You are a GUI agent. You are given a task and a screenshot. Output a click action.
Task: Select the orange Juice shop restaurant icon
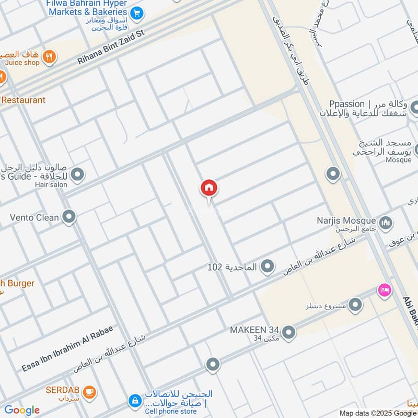tap(49, 56)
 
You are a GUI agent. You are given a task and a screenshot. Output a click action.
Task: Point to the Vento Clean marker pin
tap(69, 216)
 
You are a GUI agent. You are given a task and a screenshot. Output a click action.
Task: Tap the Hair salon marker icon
tap(78, 175)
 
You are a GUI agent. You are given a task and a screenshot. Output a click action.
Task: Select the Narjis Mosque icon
tap(386, 223)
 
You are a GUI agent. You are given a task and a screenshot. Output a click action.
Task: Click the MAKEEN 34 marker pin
tap(288, 332)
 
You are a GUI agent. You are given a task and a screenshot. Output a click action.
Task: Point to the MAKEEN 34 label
tap(254, 331)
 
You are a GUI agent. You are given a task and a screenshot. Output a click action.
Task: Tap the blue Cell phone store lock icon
tap(135, 401)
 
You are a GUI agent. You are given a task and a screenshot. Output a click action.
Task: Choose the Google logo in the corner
tap(21, 410)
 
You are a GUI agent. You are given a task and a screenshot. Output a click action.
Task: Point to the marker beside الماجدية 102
tap(268, 267)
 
